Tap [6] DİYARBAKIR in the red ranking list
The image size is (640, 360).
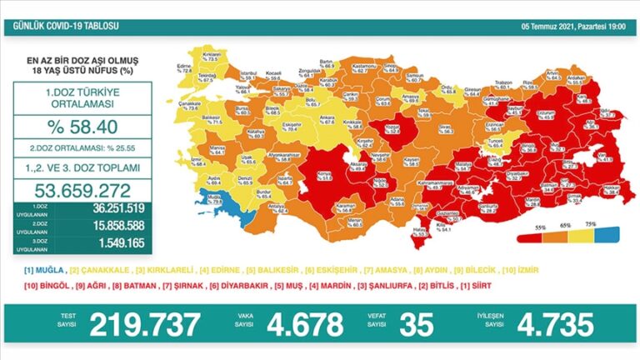[248, 285]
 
